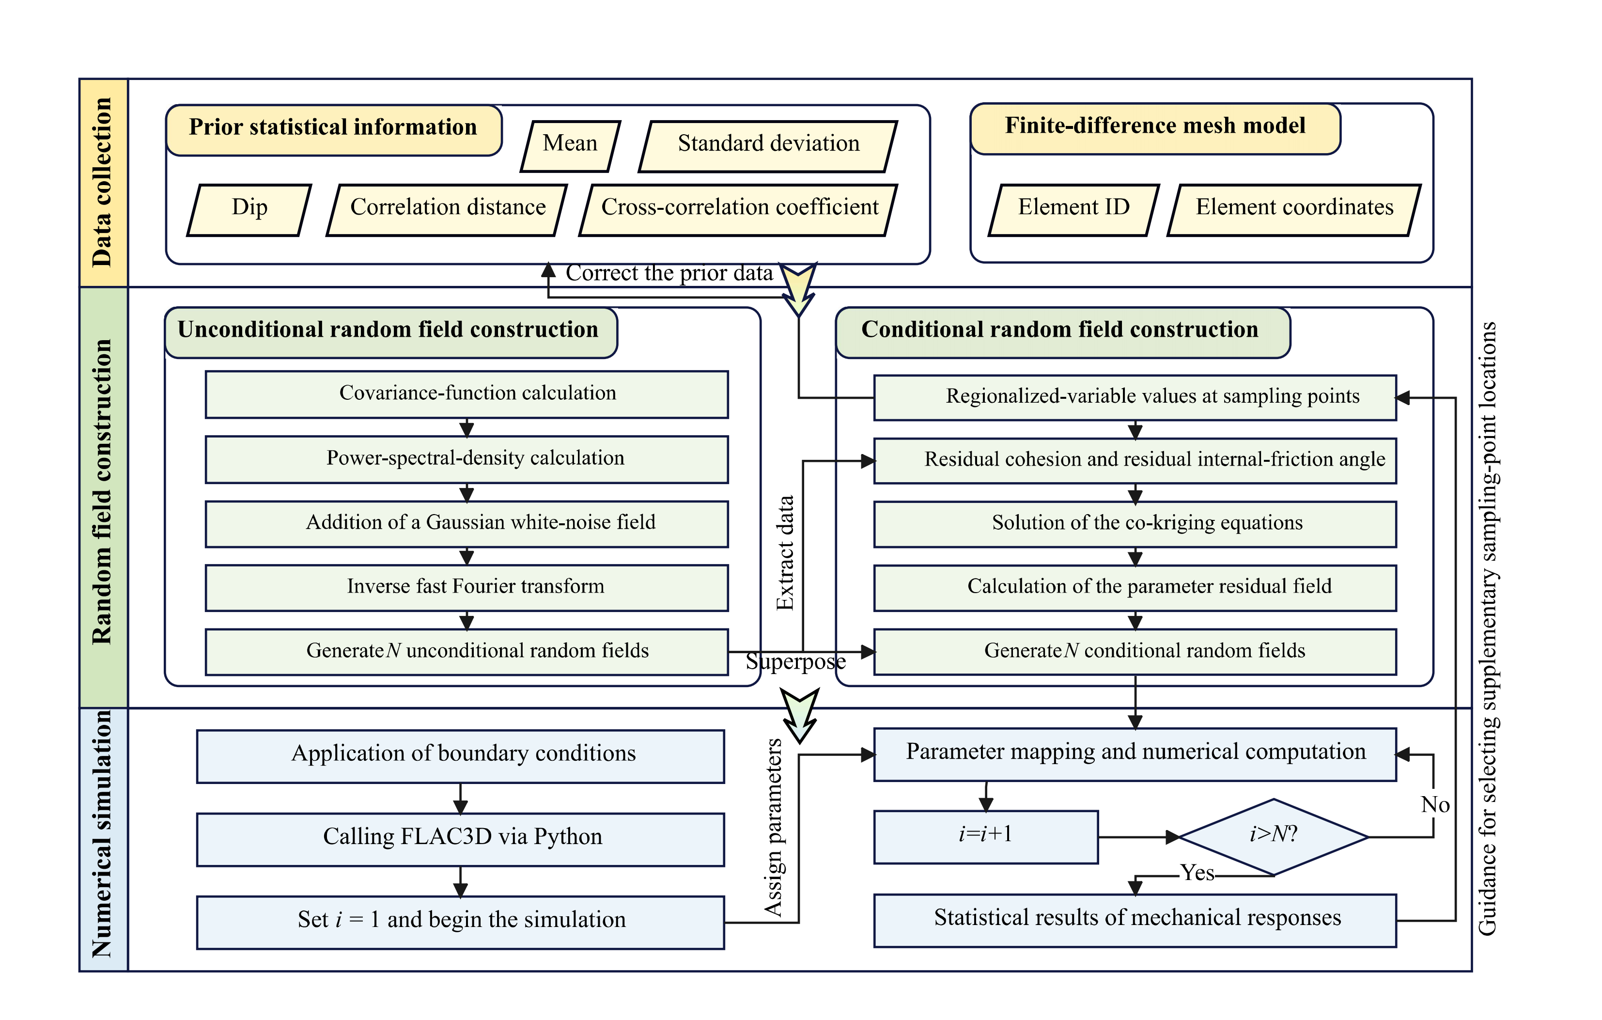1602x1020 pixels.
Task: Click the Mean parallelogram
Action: [570, 145]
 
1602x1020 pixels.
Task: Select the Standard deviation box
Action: [768, 145]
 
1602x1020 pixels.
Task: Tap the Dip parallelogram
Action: [249, 209]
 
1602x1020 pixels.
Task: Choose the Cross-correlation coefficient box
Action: [739, 209]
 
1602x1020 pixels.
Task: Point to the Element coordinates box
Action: [1294, 209]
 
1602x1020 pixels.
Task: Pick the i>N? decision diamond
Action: [1273, 836]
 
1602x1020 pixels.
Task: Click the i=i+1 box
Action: [985, 836]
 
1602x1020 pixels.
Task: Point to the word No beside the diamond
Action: [1435, 805]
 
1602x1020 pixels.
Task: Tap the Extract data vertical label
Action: [786, 552]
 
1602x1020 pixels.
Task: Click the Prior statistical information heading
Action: [333, 128]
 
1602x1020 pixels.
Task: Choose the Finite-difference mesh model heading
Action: [1155, 127]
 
